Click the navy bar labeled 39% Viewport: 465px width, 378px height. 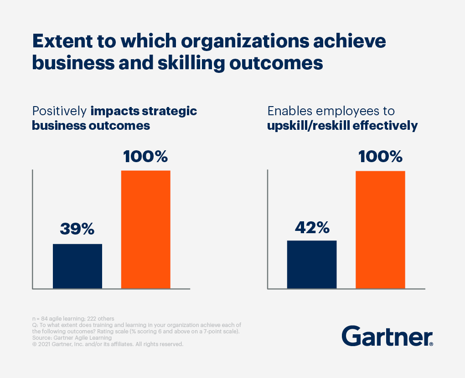[x=77, y=266]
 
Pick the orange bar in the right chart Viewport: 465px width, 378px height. [x=380, y=230]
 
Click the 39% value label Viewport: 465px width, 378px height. [x=77, y=229]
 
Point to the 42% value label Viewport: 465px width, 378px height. [x=312, y=226]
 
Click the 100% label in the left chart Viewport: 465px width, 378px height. [x=145, y=157]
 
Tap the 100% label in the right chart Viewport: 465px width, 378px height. [x=380, y=157]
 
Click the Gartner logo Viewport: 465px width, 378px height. [x=387, y=337]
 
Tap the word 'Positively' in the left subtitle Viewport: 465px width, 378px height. [x=59, y=112]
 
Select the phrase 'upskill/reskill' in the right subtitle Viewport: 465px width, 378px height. [x=308, y=125]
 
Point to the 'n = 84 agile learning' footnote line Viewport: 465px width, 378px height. [x=73, y=318]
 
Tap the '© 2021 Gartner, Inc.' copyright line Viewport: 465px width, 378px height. [x=108, y=344]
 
